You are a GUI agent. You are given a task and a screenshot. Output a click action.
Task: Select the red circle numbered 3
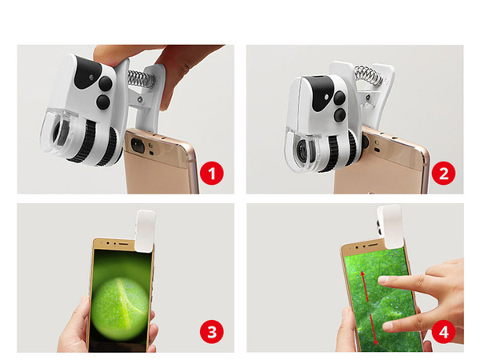211,330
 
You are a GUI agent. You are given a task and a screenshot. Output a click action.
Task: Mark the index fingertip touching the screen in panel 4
383,280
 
